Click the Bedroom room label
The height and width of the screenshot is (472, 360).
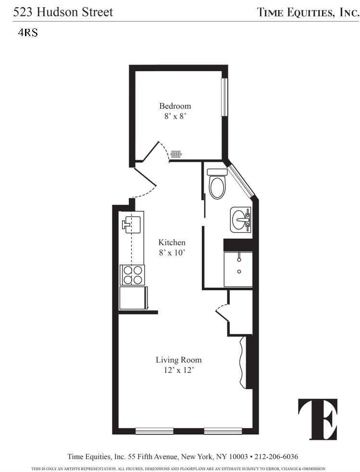[175, 106]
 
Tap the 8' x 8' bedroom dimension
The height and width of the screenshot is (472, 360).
[175, 116]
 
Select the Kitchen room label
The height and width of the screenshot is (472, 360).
[172, 242]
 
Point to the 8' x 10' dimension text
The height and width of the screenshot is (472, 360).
[172, 253]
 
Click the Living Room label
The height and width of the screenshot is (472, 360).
[178, 360]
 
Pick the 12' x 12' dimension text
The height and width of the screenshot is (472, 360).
[178, 370]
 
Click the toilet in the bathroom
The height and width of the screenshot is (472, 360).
[217, 185]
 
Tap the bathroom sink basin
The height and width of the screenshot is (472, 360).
[240, 220]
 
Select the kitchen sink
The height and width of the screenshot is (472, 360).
[132, 224]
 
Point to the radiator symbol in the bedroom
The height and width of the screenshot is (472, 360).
[176, 154]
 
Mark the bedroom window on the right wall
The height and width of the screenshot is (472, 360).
[224, 97]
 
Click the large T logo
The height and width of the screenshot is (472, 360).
[318, 419]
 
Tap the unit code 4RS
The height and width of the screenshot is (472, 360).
[28, 34]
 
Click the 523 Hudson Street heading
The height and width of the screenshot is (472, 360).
[63, 12]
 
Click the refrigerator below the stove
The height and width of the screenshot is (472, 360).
[133, 298]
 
